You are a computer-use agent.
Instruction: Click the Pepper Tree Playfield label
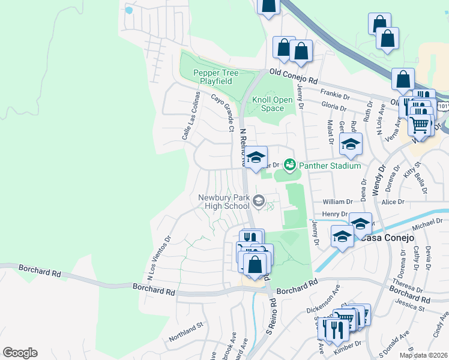coord(215,77)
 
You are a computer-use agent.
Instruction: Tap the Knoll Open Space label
coord(272,104)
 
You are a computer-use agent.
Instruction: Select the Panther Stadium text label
coord(331,166)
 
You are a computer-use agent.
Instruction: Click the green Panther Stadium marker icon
coord(290,164)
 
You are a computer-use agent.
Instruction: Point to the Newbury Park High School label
coord(224,202)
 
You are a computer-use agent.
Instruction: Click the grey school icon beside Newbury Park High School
coord(259,200)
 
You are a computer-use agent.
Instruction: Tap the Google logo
coord(20,353)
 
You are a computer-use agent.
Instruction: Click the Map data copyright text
coord(423,355)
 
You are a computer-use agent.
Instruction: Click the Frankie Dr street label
coord(335,95)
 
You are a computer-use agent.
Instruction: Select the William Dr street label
coord(337,202)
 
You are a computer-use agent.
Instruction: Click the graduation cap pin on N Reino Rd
coord(256,158)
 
